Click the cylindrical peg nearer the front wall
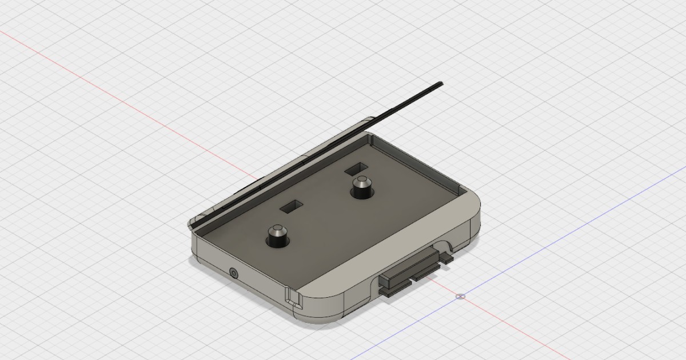point(277,235)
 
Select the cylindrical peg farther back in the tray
point(361,187)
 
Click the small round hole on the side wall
point(233,273)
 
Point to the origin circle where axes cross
point(461,296)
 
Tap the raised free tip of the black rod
point(439,84)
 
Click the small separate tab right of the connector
point(446,258)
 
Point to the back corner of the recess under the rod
point(370,137)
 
